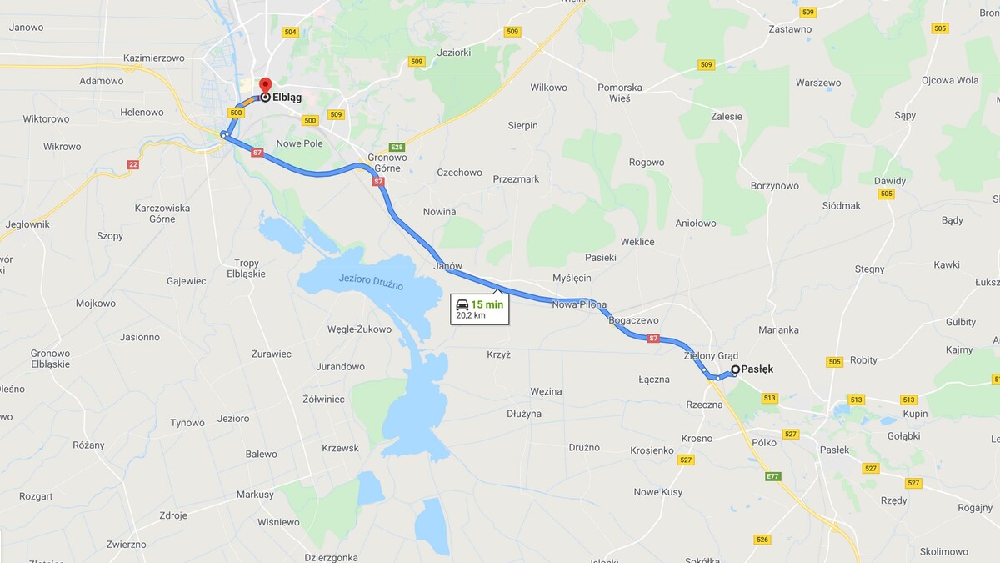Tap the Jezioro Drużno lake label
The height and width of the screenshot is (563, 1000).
coord(372,282)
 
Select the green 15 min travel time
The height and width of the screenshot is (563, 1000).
coord(487,304)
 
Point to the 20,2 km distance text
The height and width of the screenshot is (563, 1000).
coord(471,316)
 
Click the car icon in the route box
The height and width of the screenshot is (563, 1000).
coord(462,304)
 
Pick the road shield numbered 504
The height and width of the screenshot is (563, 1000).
coord(290,33)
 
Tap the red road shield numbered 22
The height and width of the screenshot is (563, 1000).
coord(133,164)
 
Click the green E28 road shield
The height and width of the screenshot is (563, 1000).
coord(397,147)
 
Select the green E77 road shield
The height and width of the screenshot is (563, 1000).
coord(773,476)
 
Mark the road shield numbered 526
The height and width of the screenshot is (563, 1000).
coord(762,540)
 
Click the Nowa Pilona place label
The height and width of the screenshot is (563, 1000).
coord(579,305)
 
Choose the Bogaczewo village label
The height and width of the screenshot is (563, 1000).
coord(634,320)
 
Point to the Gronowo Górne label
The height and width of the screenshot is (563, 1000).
coord(387,162)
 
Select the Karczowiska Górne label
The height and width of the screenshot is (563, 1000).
coord(162,213)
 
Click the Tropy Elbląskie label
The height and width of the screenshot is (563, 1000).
coord(247,268)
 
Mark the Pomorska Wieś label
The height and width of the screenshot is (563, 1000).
coord(620,93)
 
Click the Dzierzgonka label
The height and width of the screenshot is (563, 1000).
coord(331,557)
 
